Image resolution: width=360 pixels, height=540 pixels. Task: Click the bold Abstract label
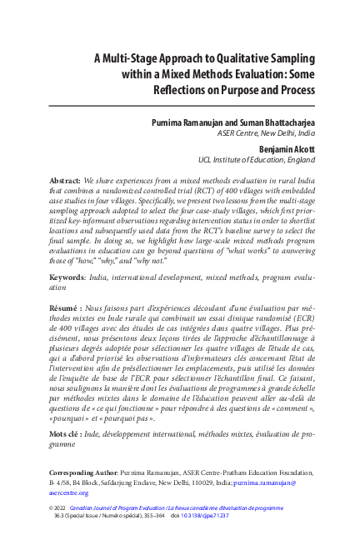pos(65,179)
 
